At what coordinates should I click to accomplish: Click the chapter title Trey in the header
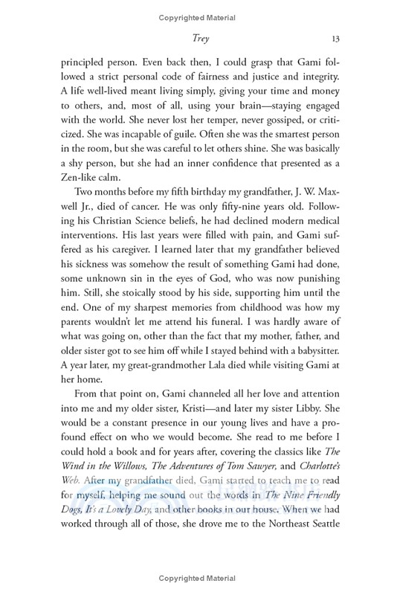[196, 39]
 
